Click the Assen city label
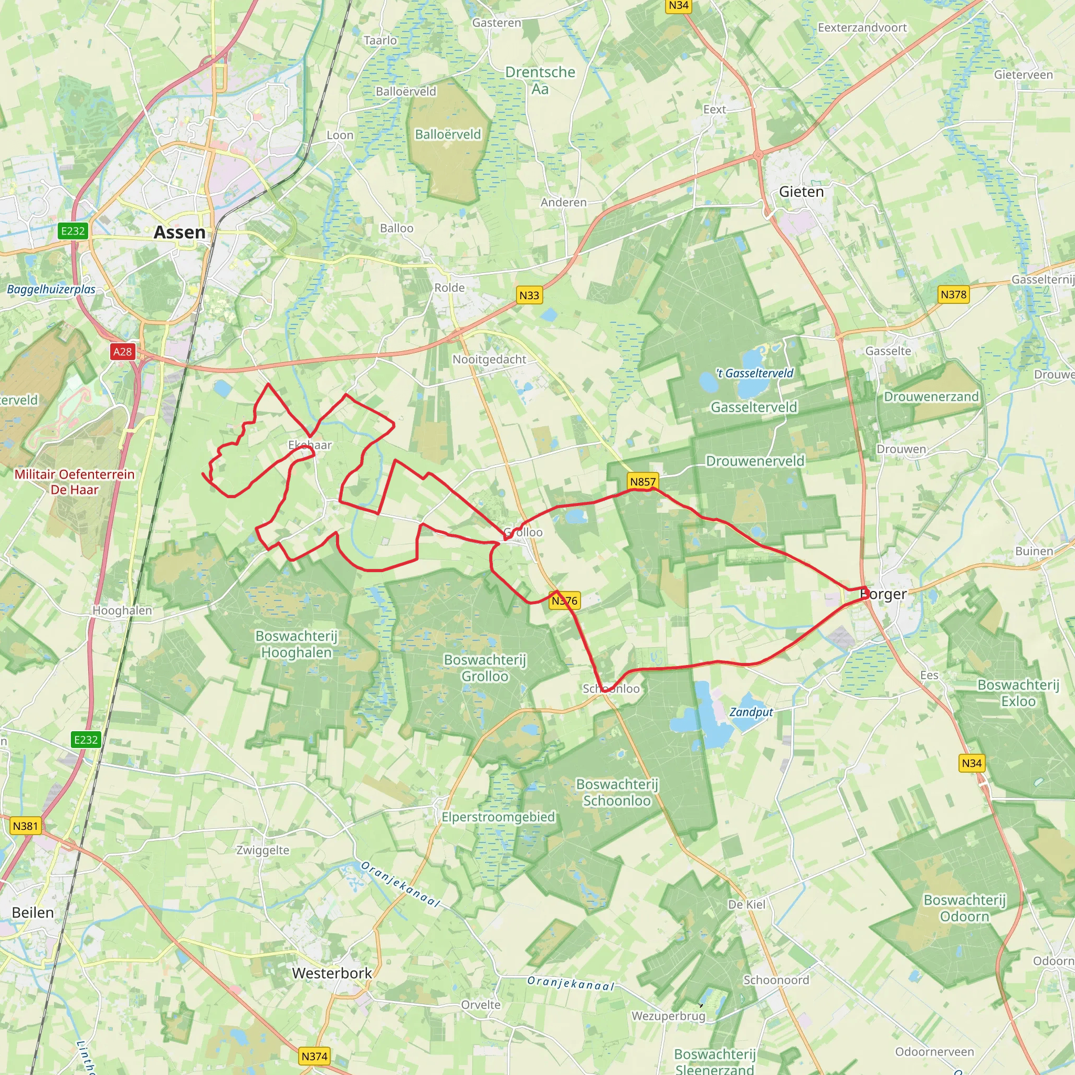click(179, 232)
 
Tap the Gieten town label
click(801, 192)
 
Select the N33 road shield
click(529, 296)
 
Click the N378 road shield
click(954, 294)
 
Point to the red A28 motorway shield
click(122, 352)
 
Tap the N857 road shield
click(643, 481)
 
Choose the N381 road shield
click(26, 826)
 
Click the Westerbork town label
click(332, 973)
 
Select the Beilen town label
click(33, 912)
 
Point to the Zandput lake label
click(751, 712)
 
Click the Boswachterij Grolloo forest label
click(484, 668)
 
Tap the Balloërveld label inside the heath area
click(448, 134)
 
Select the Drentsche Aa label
click(540, 80)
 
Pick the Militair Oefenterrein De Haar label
click(75, 482)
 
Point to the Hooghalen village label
click(122, 610)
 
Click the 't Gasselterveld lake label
click(754, 373)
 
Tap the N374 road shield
click(314, 1056)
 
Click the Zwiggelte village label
click(262, 850)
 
